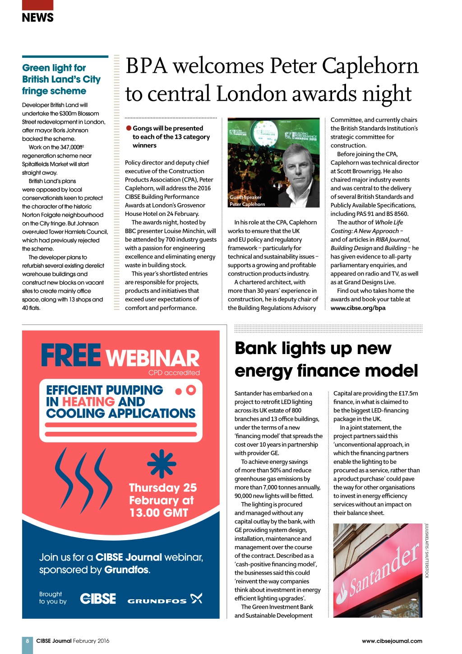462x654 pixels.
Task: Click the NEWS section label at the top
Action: click(37, 18)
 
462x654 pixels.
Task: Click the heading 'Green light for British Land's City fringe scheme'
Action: click(61, 79)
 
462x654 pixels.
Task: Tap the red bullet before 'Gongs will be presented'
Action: click(129, 128)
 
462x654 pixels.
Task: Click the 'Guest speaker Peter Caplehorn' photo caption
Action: click(247, 201)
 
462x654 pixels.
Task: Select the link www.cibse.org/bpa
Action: click(358, 308)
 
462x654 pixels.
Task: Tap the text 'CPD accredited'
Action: click(174, 373)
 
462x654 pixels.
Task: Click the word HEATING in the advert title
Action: click(88, 402)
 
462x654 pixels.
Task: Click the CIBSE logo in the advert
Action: click(98, 598)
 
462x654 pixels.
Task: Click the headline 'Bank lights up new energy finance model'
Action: click(326, 360)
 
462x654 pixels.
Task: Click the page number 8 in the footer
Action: click(28, 640)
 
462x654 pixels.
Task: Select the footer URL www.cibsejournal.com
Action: click(392, 640)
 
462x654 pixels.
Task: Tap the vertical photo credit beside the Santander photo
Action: click(427, 551)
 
